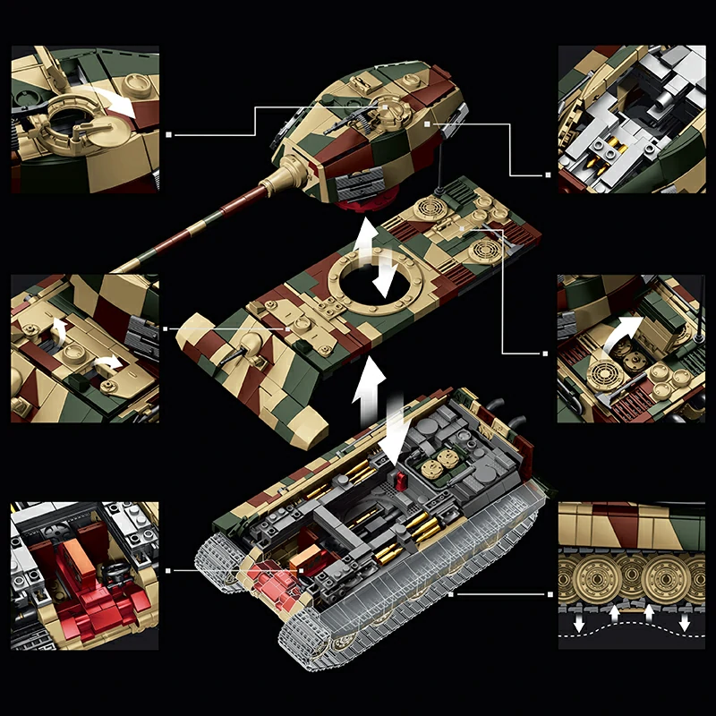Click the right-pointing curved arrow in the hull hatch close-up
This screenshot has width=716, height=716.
(x=108, y=362)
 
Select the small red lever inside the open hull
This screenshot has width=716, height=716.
(x=401, y=481)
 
